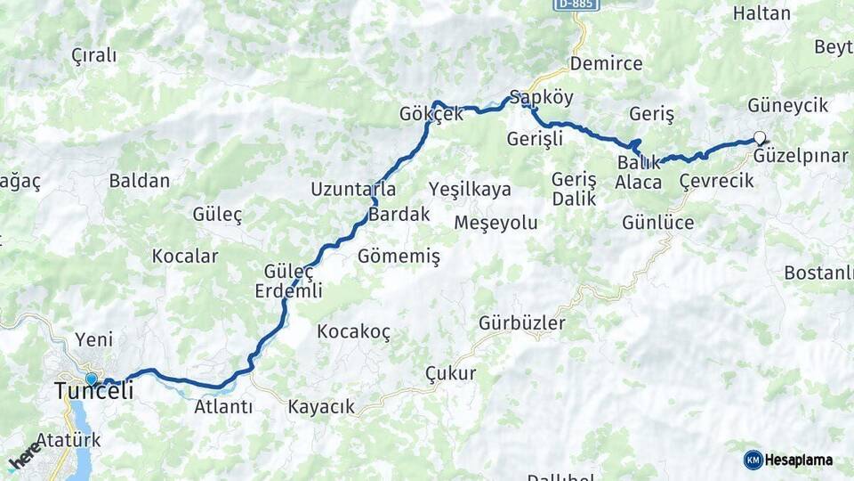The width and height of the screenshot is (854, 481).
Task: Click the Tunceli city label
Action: tap(93, 391)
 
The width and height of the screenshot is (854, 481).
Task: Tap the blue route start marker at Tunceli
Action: tap(91, 379)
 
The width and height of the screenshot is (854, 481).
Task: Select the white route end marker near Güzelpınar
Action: tap(759, 137)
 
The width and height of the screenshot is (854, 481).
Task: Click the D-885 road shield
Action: tap(576, 4)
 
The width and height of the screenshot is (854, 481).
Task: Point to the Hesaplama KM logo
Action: tap(788, 460)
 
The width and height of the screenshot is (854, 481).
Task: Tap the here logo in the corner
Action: tap(24, 455)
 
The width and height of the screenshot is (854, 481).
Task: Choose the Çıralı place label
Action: tap(93, 55)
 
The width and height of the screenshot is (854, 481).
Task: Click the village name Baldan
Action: tap(139, 181)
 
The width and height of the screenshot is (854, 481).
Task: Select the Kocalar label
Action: tap(184, 257)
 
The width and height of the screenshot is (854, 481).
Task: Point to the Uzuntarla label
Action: tap(352, 189)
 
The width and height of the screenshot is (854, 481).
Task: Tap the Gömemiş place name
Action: tap(399, 257)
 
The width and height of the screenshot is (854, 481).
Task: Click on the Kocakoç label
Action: tap(353, 331)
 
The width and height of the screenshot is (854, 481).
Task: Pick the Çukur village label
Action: tap(450, 373)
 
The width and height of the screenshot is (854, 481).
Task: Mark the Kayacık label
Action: tap(320, 407)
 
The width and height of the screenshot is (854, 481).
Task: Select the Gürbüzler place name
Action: tap(521, 322)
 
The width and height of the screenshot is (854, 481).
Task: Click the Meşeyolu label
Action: tap(495, 223)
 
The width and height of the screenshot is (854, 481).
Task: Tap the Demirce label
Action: tap(606, 63)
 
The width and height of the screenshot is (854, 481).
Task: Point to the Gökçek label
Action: tap(431, 114)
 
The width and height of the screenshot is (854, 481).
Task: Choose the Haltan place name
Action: tap(761, 12)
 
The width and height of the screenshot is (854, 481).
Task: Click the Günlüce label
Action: tap(657, 223)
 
